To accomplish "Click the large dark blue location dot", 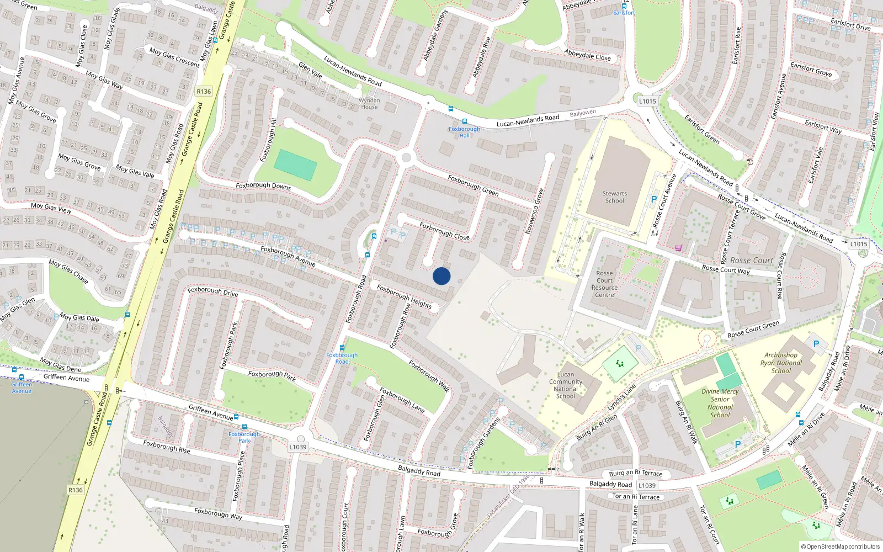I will (x=441, y=276).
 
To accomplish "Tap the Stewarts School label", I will (x=614, y=197).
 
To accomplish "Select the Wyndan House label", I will (x=369, y=104).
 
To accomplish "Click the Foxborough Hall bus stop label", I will (x=464, y=132).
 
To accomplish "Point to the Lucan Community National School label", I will (x=566, y=385).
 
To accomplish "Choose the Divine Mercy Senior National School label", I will (x=720, y=403).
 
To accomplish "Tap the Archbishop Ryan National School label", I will (x=781, y=363).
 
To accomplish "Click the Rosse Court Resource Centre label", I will (x=604, y=284).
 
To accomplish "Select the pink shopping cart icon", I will (x=678, y=248).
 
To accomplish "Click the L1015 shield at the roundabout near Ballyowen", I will (x=647, y=101).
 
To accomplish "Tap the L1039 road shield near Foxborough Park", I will (x=297, y=447).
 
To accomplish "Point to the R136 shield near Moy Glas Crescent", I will (x=204, y=92).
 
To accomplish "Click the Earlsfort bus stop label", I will (x=624, y=13).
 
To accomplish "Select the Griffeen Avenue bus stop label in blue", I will (x=22, y=388).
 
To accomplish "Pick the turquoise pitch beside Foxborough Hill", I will (x=295, y=164).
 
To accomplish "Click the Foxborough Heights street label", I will (x=404, y=296).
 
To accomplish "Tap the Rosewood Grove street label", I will (x=534, y=211).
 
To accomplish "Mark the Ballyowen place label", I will (x=583, y=113).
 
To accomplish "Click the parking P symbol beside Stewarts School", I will (x=654, y=199).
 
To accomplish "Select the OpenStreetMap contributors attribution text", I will (x=840, y=546).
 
